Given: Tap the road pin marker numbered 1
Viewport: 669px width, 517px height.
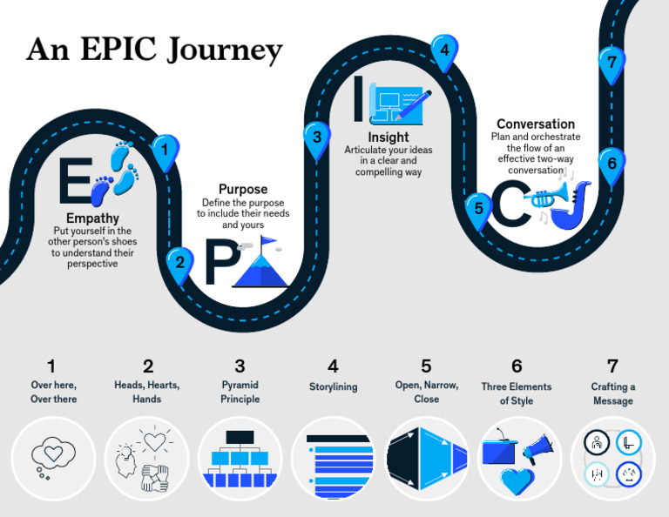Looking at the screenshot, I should [164, 151].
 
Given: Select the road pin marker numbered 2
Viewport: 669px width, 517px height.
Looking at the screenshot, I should [179, 262].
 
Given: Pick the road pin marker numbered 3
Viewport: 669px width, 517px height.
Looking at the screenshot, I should [317, 137].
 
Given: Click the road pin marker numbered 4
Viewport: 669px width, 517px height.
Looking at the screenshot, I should [444, 50].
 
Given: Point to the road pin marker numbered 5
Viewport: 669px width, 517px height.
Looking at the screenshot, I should [477, 209].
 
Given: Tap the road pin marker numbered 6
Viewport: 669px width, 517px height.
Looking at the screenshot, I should [612, 163].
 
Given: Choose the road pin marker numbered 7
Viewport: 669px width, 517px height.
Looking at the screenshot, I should [612, 62].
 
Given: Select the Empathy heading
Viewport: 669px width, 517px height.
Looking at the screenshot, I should [92, 218].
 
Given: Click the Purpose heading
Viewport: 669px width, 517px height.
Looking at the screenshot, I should [242, 189].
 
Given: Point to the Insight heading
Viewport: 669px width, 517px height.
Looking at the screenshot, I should [388, 138].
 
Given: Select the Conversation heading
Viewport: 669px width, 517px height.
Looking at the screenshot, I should [535, 124].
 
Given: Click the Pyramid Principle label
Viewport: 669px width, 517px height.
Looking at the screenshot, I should [240, 392].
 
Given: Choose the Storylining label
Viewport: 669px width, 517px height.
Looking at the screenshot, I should [333, 386].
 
